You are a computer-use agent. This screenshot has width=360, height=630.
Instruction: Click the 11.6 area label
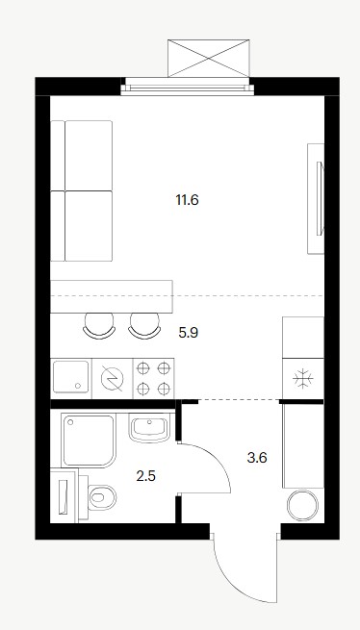pyautogui.click(x=188, y=200)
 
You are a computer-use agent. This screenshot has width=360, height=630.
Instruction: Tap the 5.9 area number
pyautogui.click(x=189, y=333)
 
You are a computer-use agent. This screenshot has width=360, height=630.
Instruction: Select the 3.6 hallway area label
pyautogui.click(x=257, y=458)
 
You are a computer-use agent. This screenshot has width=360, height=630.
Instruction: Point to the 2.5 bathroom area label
pyautogui.click(x=145, y=476)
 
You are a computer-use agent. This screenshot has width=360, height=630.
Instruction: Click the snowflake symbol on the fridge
pyautogui.click(x=303, y=379)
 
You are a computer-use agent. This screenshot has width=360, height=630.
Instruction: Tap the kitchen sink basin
pyautogui.click(x=71, y=377)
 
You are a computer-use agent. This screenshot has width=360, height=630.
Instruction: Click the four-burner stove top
pyautogui.click(x=154, y=379)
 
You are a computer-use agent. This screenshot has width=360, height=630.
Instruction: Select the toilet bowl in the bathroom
pyautogui.click(x=102, y=497)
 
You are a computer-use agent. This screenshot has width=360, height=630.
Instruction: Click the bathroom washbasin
pyautogui.click(x=149, y=427)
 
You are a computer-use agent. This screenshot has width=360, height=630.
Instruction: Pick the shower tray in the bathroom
pyautogui.click(x=89, y=441)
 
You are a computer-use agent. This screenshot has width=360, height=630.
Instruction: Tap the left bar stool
pyautogui.click(x=99, y=326)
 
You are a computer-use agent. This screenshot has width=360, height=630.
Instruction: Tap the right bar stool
pyautogui.click(x=144, y=326)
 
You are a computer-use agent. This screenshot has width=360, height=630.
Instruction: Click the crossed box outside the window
pyautogui.click(x=208, y=59)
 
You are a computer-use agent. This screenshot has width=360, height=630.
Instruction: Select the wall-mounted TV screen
pyautogui.click(x=320, y=198)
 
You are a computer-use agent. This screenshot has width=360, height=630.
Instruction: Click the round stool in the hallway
pyautogui.click(x=302, y=506)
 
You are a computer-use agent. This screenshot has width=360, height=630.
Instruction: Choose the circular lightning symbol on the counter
pyautogui.click(x=113, y=379)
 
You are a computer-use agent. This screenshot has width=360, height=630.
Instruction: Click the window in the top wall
pyautogui.click(x=188, y=87)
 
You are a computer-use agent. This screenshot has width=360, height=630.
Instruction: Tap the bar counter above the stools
pyautogui.click(x=112, y=296)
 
